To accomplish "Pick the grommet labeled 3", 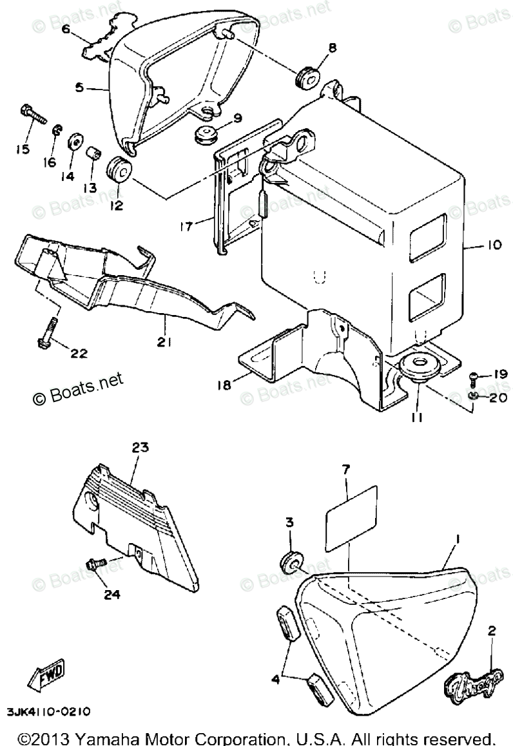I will (x=292, y=562).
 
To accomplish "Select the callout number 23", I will (x=140, y=447).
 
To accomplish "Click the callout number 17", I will (x=187, y=226).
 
